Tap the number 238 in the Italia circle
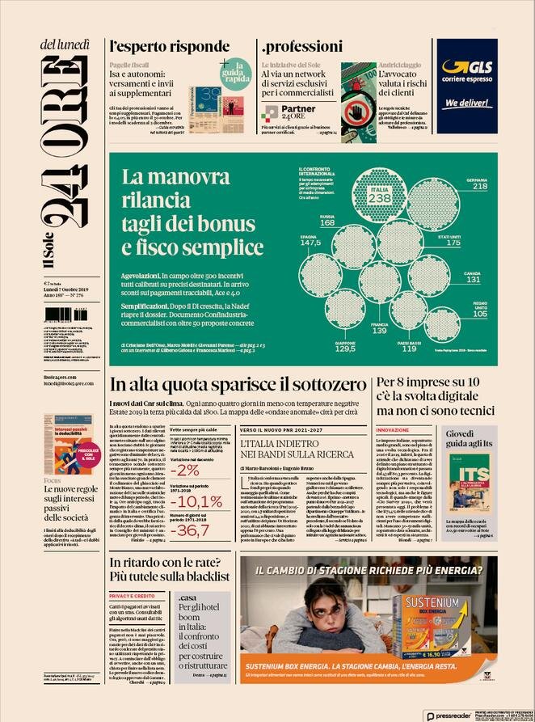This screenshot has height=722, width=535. (x=379, y=198)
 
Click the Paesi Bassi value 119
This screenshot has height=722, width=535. (x=410, y=349)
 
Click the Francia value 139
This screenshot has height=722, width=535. (x=379, y=331)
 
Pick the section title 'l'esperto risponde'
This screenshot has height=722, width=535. (x=158, y=45)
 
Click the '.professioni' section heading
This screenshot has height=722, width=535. (x=301, y=45)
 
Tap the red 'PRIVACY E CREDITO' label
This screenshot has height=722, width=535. (x=131, y=596)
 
